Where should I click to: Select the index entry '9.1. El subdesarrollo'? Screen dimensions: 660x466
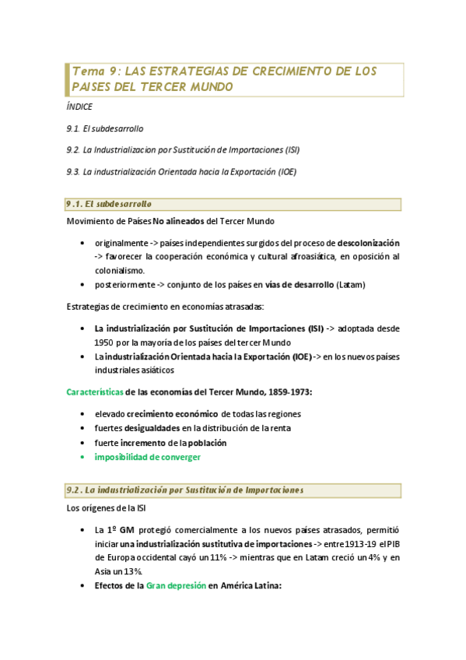(x=105, y=128)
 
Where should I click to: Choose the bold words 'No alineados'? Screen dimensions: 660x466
(x=178, y=222)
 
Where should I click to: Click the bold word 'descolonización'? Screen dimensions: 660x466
(x=369, y=243)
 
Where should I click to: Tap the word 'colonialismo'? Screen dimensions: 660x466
(x=120, y=270)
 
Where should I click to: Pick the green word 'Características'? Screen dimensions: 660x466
(x=93, y=391)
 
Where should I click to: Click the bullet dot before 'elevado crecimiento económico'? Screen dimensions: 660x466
(x=83, y=413)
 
